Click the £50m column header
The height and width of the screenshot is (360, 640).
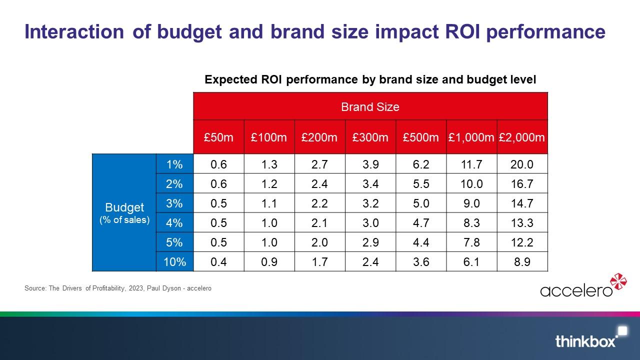pos(218,137)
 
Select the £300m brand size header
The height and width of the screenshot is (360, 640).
pos(370,137)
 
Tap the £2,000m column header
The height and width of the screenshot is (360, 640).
pos(522,137)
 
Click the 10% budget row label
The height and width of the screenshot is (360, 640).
pos(174,261)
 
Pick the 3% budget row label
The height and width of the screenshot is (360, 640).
pos(174,203)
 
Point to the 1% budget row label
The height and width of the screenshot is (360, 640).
pos(174,164)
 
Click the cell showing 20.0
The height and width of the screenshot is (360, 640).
pos(522,164)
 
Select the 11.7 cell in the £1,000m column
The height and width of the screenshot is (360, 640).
pos(471,164)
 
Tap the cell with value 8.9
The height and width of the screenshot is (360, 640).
pos(522,261)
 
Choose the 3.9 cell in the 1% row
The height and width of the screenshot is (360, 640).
pos(370,164)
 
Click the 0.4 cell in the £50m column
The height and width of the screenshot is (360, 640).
pos(218,261)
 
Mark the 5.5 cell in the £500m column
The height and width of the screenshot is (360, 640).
pos(421,183)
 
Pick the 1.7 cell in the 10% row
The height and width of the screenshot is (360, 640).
pos(319,261)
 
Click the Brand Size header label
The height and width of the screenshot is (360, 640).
pos(370,107)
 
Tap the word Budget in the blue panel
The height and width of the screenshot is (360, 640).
pos(124,207)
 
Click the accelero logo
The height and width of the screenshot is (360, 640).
pos(583,285)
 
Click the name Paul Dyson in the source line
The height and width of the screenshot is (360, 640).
pos(164,288)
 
